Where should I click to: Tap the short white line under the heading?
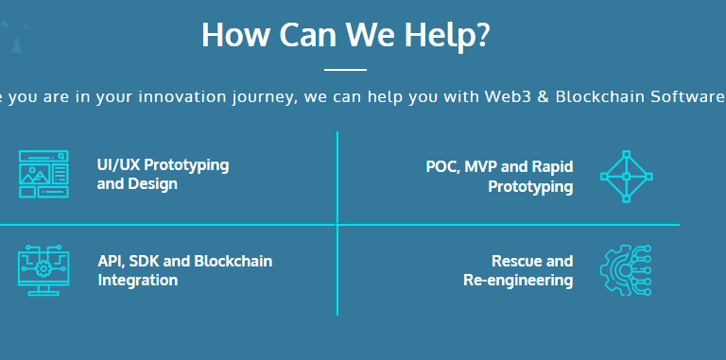[345, 70]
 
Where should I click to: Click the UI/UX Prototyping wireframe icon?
[43, 174]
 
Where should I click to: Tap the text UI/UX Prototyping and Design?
[163, 174]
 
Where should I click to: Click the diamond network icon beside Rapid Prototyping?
[627, 176]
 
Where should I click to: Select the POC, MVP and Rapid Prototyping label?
[499, 177]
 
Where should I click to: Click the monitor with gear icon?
[43, 269]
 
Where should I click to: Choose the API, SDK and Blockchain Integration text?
[184, 270]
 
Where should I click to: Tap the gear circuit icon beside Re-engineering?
[626, 269]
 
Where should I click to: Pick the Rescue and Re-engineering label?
[518, 270]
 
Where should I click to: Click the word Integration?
[137, 280]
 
